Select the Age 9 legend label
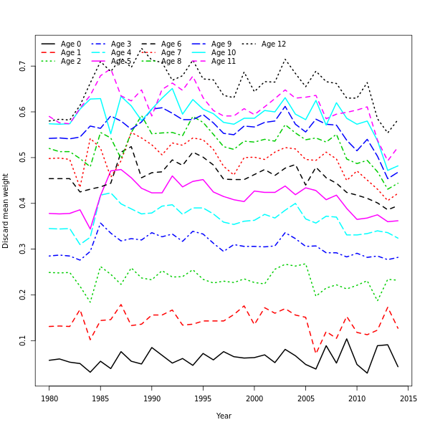221,44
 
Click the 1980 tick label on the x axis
49,398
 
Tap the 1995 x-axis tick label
204,398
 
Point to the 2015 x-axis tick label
408,398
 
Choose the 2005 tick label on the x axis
306,398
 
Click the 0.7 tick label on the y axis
24,67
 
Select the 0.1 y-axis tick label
24,340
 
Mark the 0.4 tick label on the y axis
24,204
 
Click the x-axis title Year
224,416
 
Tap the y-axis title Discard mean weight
6,211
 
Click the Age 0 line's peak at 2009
347,338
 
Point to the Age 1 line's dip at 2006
316,353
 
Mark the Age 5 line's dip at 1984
90,229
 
